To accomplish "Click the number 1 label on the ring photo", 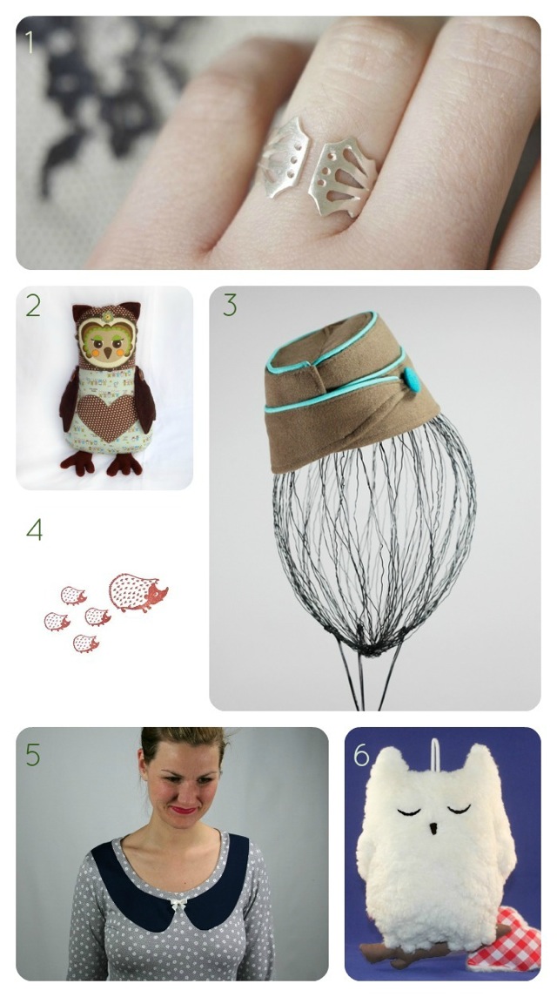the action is tap(29, 41).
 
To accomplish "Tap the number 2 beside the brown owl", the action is tap(33, 306).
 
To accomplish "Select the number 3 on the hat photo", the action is tap(229, 306).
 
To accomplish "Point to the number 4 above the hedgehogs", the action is tap(34, 529).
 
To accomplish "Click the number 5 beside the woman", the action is tap(33, 756).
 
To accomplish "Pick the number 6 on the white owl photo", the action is tap(361, 755).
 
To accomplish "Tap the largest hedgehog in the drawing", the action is tap(138, 593).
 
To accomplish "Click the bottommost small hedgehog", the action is tap(86, 643).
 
